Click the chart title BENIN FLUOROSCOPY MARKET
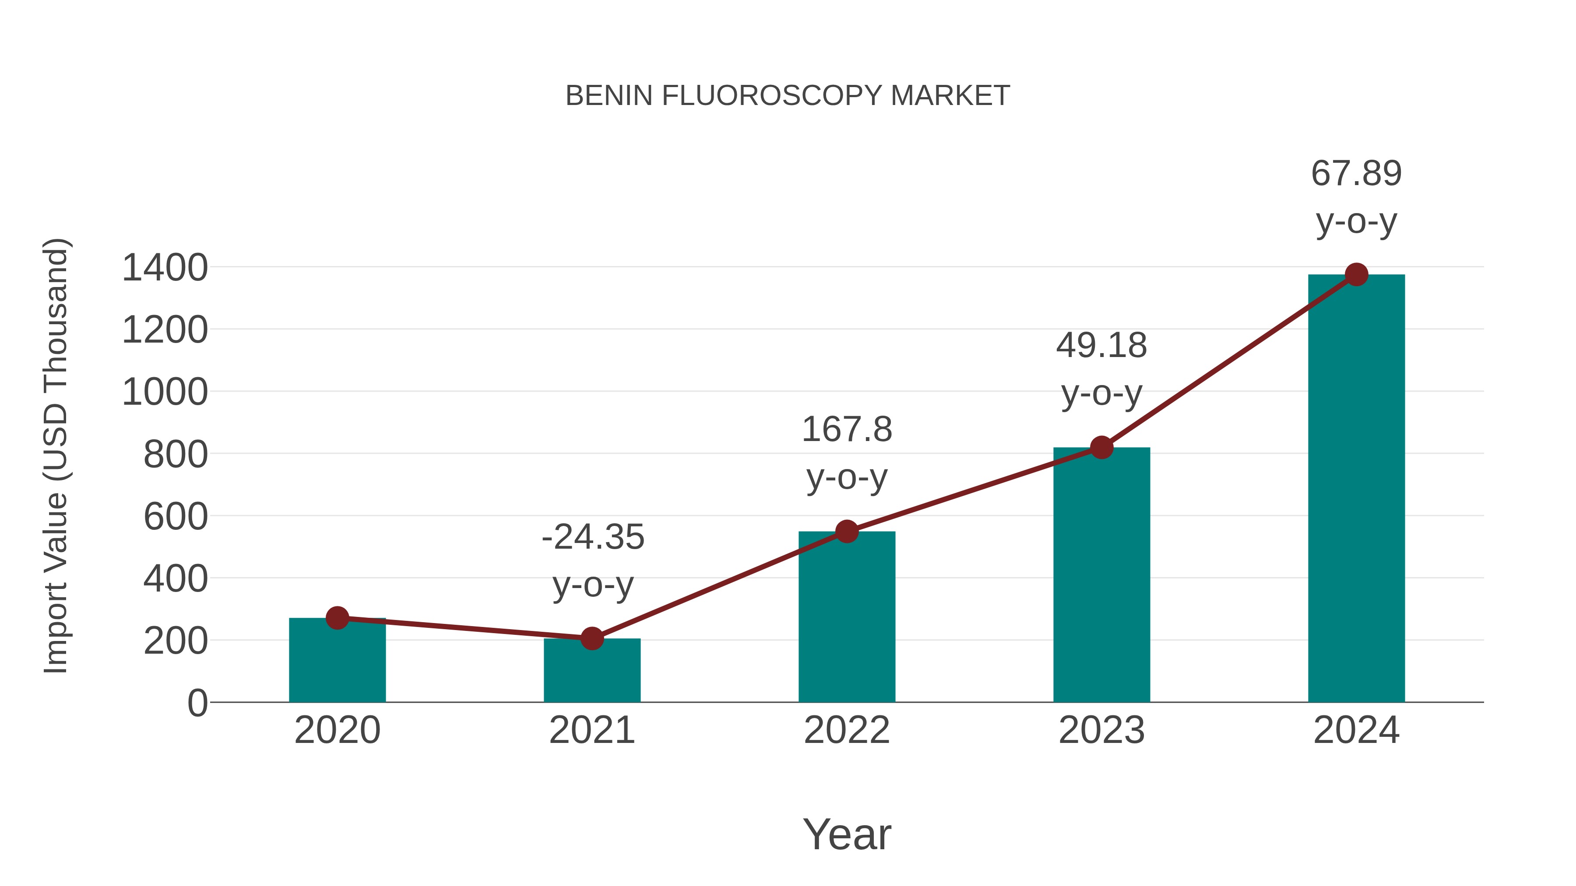click(x=788, y=96)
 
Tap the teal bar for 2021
click(x=591, y=671)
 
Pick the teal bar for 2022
click(x=847, y=617)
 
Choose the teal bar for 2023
click(x=1101, y=575)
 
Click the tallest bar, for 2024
click(x=1356, y=489)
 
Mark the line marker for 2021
click(x=591, y=638)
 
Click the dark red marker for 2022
click(x=847, y=531)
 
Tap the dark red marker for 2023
click(x=1101, y=448)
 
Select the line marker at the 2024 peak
click(x=1356, y=274)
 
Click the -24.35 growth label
click(x=593, y=537)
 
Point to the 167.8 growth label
click(x=847, y=430)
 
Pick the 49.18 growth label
click(x=1101, y=346)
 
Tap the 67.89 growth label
click(x=1356, y=174)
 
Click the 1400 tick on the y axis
click(x=165, y=268)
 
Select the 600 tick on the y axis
click(x=176, y=517)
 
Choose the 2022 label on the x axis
click(x=847, y=730)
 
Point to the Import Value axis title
click(x=56, y=455)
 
